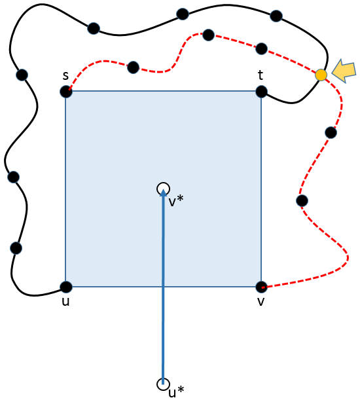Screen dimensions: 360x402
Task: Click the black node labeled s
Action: [x=66, y=92]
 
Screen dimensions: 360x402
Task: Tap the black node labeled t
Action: [x=261, y=92]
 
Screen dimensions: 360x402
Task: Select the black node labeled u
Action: [x=66, y=287]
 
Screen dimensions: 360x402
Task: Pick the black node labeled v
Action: [x=261, y=287]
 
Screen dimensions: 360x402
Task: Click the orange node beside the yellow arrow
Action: [x=321, y=75]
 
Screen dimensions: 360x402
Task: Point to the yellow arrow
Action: [x=344, y=71]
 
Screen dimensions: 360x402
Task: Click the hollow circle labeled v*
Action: [x=163, y=189]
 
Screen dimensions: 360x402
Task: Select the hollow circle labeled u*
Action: [x=163, y=384]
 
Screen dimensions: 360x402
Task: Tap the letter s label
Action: [x=66, y=75]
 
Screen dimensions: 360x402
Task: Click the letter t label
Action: [x=261, y=75]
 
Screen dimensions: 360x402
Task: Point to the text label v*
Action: [x=176, y=200]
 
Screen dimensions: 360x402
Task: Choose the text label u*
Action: [x=176, y=392]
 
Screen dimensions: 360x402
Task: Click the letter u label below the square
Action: [x=66, y=302]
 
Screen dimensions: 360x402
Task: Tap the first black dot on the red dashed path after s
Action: [x=133, y=67]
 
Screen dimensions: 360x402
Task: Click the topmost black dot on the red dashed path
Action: [x=208, y=35]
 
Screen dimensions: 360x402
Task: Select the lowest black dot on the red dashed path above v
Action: [x=302, y=200]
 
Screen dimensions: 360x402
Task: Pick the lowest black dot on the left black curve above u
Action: [x=16, y=248]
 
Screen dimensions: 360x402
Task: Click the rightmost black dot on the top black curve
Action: [x=276, y=16]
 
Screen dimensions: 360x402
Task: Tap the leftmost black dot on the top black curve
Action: [x=94, y=28]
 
